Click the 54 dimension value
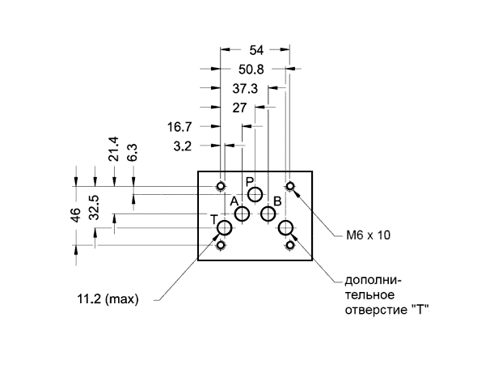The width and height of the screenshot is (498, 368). pos(256,50)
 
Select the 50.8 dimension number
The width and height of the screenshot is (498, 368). pos(251,70)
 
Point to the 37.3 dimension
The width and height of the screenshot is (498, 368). pos(245,89)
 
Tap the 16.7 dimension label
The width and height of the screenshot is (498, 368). pos(179,127)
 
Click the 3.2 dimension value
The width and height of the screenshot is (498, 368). pos(183,146)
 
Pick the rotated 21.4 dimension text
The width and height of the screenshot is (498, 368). pos(114,149)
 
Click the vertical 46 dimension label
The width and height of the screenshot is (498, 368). pos(76,215)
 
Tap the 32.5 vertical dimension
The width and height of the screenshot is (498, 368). pos(95,208)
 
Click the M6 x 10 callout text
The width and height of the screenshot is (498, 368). pos(368,235)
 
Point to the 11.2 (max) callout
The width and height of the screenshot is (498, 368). pos(108,299)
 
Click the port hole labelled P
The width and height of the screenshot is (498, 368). pos(255,194)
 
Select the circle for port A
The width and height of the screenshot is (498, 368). pos(243,214)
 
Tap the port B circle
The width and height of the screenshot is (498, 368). pos(268,214)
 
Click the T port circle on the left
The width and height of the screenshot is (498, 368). pos(225,227)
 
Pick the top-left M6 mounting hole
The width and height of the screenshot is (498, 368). pos(221,186)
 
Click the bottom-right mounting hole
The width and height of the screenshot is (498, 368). pos(289,245)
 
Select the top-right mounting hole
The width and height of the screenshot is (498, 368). pos(289,186)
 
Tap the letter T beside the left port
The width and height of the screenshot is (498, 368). pos(214,220)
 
